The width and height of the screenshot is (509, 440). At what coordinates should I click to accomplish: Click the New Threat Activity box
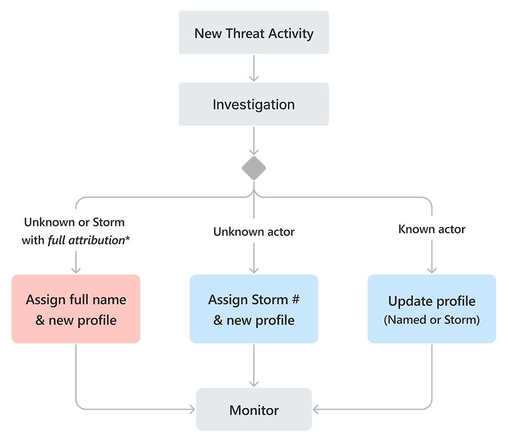coord(253,33)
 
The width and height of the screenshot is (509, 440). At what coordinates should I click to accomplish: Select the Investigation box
coord(253,105)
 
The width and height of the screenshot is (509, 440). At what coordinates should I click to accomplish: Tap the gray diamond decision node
coord(253,168)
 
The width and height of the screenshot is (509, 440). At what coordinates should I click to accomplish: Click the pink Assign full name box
coord(76,309)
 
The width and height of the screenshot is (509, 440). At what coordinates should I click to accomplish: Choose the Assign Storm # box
coord(253,309)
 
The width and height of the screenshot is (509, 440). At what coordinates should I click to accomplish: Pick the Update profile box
coord(432,309)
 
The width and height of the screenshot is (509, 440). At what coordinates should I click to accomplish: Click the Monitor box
coord(253,410)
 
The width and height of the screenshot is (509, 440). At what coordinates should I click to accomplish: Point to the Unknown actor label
coord(253,231)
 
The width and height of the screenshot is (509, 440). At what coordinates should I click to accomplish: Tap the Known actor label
coord(432,229)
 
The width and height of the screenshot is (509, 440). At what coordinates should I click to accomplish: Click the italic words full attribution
coord(86,240)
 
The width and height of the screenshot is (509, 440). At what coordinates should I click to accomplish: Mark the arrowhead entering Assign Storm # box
coord(253,270)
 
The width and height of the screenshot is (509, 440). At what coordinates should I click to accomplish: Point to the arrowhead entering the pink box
coord(76,270)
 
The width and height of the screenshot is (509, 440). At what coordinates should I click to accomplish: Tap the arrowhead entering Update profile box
coord(432,270)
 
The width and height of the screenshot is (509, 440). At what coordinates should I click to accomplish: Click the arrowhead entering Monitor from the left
coord(192,409)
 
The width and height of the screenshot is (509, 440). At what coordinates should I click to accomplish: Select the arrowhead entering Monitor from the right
coord(316,409)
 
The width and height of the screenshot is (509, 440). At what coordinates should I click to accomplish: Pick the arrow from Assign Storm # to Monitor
coord(253,366)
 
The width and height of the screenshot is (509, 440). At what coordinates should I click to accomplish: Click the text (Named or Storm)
coord(432,320)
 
